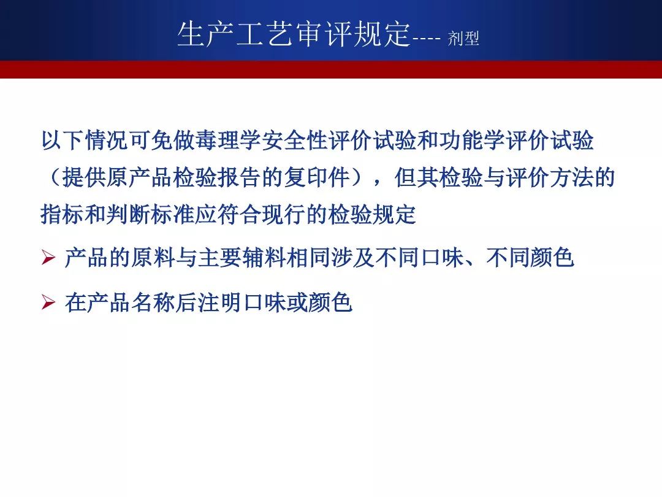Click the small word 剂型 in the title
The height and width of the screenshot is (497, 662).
tap(463, 39)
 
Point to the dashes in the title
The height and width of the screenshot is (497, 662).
tap(427, 39)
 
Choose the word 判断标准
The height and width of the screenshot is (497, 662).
tap(150, 214)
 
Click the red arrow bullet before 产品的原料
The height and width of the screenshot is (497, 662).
tap(48, 257)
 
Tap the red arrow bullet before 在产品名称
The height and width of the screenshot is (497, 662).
tap(48, 302)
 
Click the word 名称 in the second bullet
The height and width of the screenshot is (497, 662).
tap(154, 302)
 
